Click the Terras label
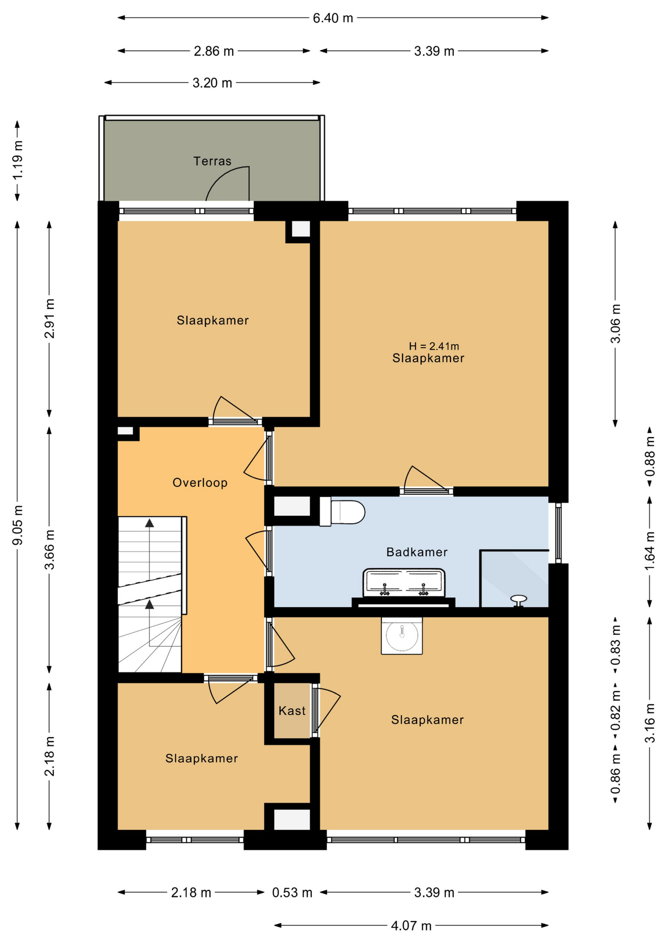212,161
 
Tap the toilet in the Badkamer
342,512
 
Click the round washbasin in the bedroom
402,636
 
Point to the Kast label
292,711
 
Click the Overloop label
200,483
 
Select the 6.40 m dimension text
333,18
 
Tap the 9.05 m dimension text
18,525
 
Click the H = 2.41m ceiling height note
434,346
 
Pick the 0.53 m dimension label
292,892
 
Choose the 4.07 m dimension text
411,926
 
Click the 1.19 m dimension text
18,161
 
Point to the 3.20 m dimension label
212,83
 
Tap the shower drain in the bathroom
519,600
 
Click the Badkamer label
417,552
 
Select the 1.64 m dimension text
650,551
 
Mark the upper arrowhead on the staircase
149,523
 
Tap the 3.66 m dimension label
50,550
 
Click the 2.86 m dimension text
214,51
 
